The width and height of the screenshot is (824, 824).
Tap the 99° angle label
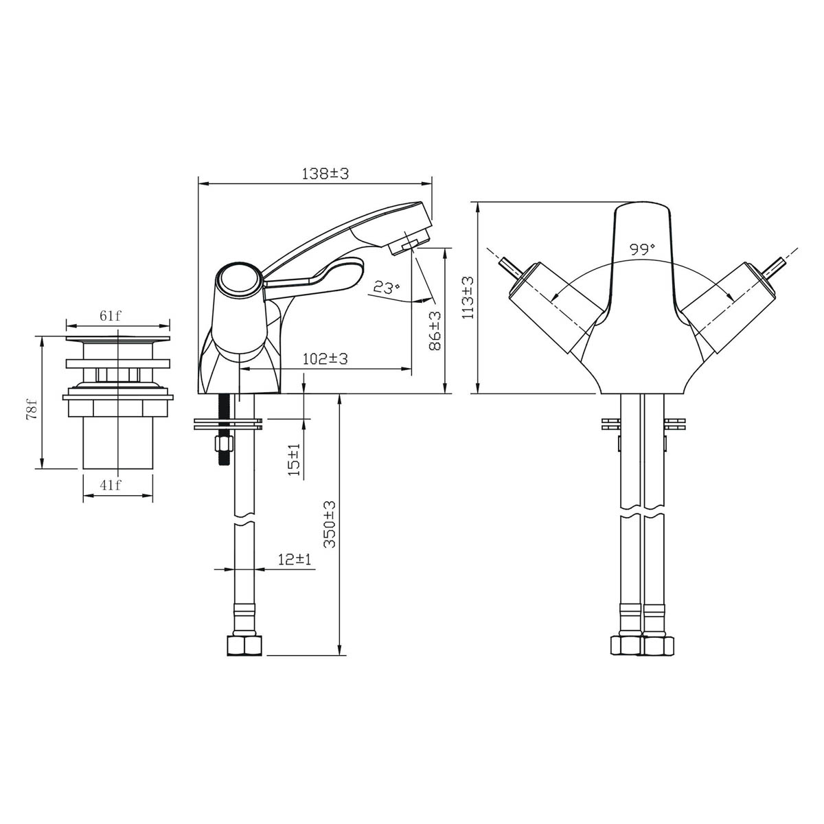tap(643, 249)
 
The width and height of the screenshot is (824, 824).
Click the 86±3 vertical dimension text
tap(434, 331)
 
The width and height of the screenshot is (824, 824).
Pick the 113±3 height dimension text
tap(468, 297)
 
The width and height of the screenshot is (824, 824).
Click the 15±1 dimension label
tap(295, 460)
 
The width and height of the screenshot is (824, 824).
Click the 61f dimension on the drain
tap(110, 316)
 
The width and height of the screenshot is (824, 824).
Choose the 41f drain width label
tap(110, 485)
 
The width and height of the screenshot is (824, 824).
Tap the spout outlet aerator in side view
tap(405, 243)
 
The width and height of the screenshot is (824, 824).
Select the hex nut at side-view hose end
tap(244, 645)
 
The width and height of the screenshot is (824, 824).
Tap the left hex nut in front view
tap(625, 646)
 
